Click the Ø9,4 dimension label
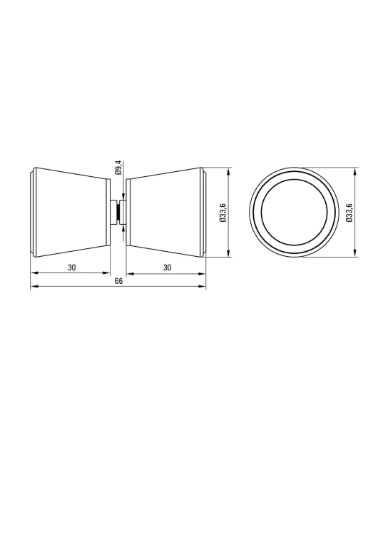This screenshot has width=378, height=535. [x=118, y=167]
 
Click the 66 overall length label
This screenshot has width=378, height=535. [x=118, y=281]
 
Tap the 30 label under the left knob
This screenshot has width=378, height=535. [x=71, y=267]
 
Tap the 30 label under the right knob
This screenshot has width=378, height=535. [x=167, y=267]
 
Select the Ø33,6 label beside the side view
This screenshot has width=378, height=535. [x=223, y=213]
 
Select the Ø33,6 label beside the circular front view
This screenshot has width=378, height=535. [x=349, y=213]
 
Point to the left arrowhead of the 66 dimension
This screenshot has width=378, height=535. [x=35, y=286]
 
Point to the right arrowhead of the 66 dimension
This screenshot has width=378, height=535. [x=202, y=286]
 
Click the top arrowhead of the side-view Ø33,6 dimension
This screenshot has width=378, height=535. [x=229, y=172]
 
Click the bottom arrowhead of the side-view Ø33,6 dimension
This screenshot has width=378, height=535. [x=229, y=252]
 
